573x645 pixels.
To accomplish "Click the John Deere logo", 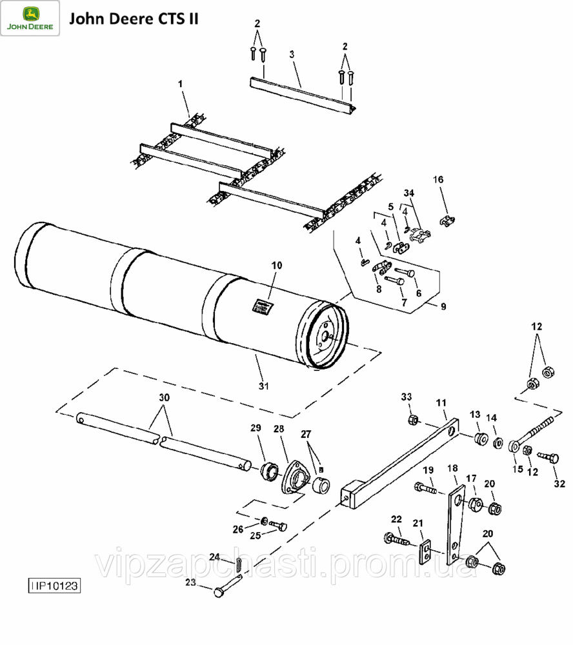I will click(x=30, y=19).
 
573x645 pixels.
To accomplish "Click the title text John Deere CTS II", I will click(x=134, y=19).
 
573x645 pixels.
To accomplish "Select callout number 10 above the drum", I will click(x=277, y=265).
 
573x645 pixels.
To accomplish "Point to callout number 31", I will click(x=263, y=386).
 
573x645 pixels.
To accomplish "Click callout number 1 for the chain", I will click(x=181, y=84).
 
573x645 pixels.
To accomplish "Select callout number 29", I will click(x=256, y=429).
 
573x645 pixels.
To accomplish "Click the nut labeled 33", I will click(x=412, y=420).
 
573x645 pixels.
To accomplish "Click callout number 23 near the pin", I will click(x=190, y=582).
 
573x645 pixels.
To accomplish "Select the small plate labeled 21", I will click(x=427, y=552).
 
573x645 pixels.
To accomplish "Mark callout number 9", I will click(x=443, y=306).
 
